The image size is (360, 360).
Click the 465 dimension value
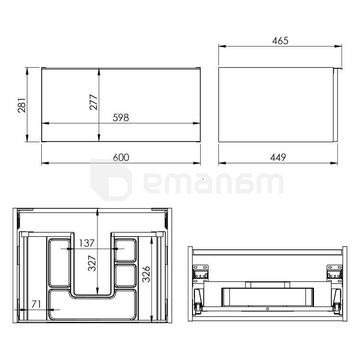(x=280, y=41)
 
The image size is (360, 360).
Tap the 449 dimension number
(x=278, y=157)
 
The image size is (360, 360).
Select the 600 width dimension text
(x=121, y=157)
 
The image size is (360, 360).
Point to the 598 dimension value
(x=121, y=118)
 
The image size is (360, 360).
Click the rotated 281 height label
(x=22, y=105)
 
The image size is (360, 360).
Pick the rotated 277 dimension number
(x=94, y=102)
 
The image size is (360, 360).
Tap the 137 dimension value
(x=86, y=243)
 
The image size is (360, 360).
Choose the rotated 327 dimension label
(x=92, y=263)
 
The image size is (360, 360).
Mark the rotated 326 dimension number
(x=146, y=274)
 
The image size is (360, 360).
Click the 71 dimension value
(x=36, y=304)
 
